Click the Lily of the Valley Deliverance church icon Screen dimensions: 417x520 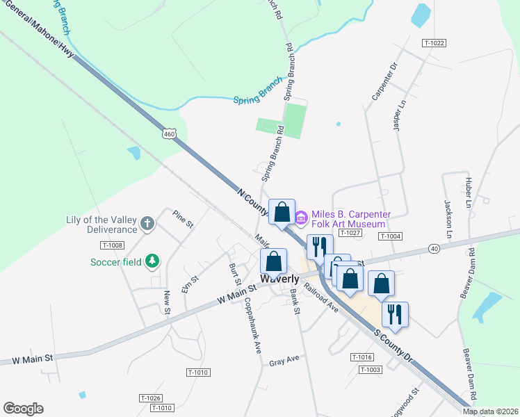tap(147, 223)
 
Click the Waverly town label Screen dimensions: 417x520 tap(279, 279)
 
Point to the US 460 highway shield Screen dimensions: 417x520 tap(169, 133)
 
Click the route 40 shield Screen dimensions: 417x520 tap(434, 248)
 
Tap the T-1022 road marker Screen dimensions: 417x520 tap(433, 43)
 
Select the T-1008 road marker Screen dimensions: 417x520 tap(112, 245)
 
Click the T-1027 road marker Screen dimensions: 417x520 tap(350, 233)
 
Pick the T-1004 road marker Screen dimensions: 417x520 tap(391, 236)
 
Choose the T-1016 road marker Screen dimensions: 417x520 tap(362, 357)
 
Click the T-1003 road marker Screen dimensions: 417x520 tap(371, 370)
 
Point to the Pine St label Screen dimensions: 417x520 tap(183, 219)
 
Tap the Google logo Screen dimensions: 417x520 tap(24, 409)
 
